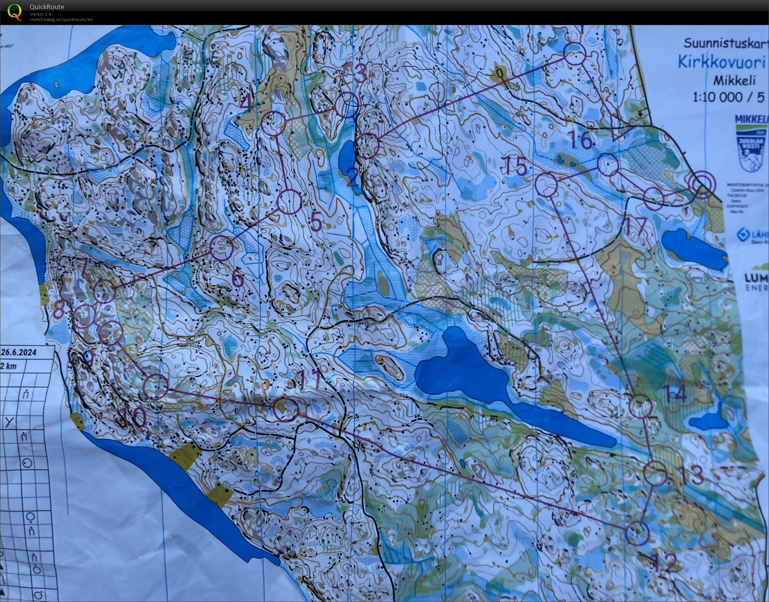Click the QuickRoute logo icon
(x=14, y=11)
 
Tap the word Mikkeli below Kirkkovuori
(x=734, y=80)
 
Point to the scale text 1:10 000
(x=717, y=97)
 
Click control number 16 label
(x=581, y=140)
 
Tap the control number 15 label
(x=516, y=166)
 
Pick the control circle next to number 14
(x=640, y=406)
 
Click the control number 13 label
(x=690, y=475)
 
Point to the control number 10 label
(x=134, y=417)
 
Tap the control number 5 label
(x=316, y=222)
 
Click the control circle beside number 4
(x=273, y=123)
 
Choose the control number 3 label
(x=360, y=74)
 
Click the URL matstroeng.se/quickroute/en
(x=61, y=19)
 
